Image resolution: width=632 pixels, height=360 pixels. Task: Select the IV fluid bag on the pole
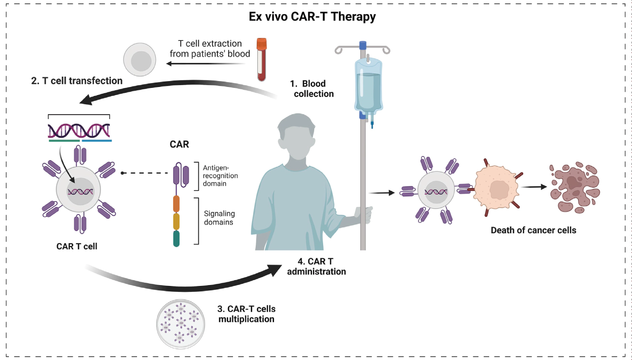pyautogui.click(x=368, y=85)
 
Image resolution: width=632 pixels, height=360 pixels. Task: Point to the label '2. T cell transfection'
pyautogui.click(x=77, y=81)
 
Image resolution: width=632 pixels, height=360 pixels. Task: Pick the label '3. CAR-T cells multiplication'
pyautogui.click(x=246, y=314)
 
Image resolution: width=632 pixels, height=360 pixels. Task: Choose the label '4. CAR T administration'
pyautogui.click(x=316, y=266)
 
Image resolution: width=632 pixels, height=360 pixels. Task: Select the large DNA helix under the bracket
pyautogui.click(x=79, y=130)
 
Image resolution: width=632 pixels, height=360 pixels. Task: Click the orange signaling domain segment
pyautogui.click(x=176, y=203)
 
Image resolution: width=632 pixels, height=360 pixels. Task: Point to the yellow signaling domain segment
pyautogui.click(x=176, y=221)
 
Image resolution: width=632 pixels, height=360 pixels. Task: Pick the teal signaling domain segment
pyautogui.click(x=176, y=238)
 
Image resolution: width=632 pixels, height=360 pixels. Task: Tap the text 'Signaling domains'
pyautogui.click(x=219, y=218)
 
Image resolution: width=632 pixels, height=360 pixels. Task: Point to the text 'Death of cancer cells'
pyautogui.click(x=533, y=231)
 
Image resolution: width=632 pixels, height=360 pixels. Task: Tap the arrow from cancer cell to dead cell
pyautogui.click(x=535, y=187)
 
